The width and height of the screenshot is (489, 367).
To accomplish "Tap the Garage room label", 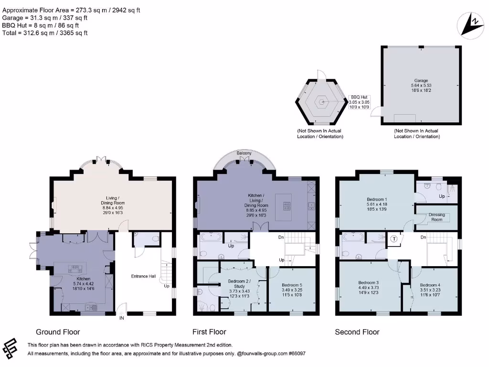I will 421,81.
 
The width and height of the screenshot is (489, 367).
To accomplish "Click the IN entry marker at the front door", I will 121,317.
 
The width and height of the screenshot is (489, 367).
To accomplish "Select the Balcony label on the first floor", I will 244,153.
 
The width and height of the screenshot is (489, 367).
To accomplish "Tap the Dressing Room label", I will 436,217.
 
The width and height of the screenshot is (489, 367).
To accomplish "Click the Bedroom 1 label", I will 377,199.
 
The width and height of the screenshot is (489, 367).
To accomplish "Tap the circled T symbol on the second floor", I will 394,239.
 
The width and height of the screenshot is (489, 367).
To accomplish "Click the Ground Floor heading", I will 58,332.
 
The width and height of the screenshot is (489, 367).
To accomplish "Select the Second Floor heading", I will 357,332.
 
